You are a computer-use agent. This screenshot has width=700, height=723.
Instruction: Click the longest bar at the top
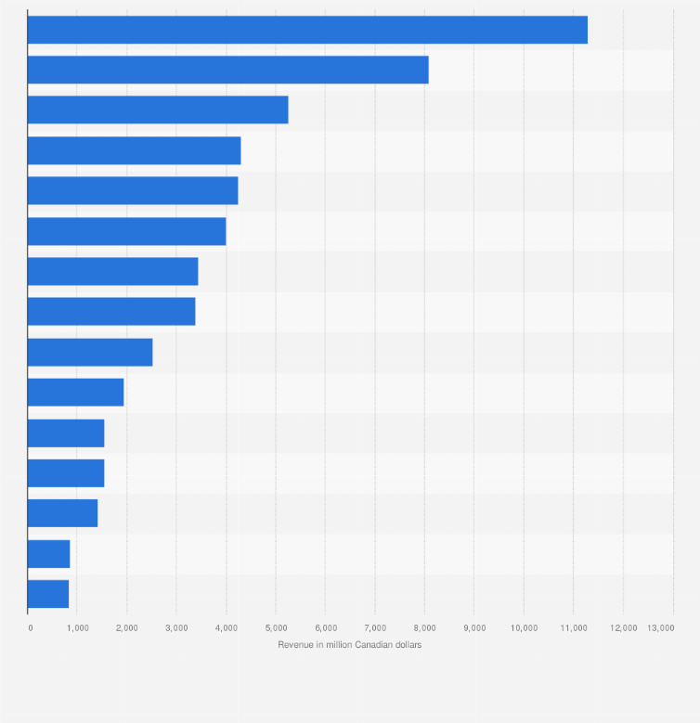[x=307, y=30]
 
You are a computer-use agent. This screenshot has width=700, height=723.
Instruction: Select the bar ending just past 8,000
[x=227, y=70]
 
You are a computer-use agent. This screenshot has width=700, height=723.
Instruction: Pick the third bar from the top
[x=158, y=110]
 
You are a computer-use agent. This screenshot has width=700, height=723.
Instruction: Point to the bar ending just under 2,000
[x=75, y=393]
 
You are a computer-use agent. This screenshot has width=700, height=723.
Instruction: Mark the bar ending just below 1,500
[x=62, y=513]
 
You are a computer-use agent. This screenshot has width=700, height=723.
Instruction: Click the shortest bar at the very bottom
[x=48, y=594]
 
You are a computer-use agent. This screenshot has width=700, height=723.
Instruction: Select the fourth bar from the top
[x=134, y=150]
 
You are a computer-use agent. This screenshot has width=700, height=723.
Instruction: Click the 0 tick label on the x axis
[x=31, y=628]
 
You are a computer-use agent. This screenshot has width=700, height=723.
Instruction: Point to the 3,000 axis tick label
[x=176, y=628]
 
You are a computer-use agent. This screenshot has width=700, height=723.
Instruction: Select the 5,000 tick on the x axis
[x=276, y=628]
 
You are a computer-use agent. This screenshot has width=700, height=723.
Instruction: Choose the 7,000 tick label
[x=375, y=628]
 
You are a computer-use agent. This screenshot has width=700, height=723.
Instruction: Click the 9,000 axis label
[x=474, y=628]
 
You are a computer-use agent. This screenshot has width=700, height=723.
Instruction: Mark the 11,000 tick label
[x=574, y=628]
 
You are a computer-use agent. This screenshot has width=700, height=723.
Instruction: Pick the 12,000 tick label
[x=623, y=628]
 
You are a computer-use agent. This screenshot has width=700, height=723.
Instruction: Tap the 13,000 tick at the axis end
[x=661, y=628]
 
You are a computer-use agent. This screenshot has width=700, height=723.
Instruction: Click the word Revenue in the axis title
[x=294, y=645]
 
